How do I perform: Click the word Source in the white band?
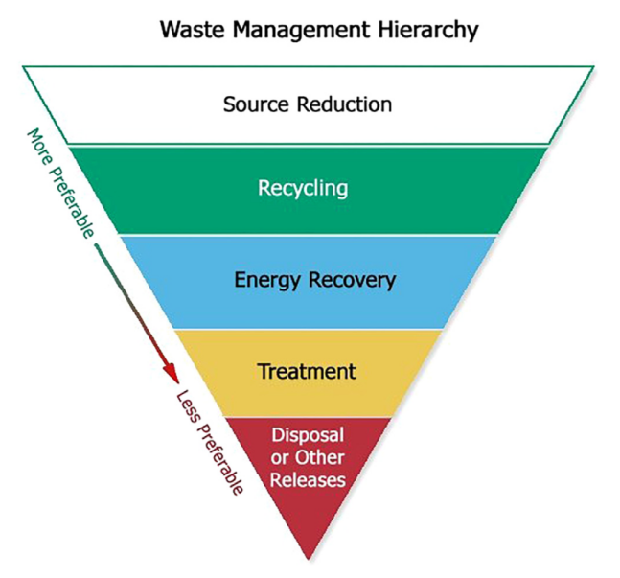click(x=256, y=104)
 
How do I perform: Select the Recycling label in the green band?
click(x=303, y=187)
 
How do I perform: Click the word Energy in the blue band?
click(x=264, y=280)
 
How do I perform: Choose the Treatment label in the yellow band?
click(x=307, y=371)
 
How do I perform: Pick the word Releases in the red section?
click(x=308, y=478)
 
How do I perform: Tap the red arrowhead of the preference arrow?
click(x=169, y=372)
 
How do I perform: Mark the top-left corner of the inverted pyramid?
click(x=23, y=67)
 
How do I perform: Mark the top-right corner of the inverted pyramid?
click(x=593, y=67)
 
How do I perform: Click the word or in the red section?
click(x=280, y=457)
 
